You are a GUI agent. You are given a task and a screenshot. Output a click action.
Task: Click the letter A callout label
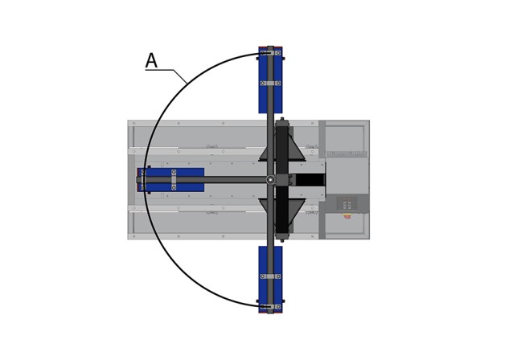[151, 60]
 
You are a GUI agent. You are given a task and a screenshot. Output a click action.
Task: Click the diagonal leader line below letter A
[180, 76]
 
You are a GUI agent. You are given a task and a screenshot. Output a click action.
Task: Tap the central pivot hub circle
[270, 179]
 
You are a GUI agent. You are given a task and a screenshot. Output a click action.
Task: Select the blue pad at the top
[270, 80]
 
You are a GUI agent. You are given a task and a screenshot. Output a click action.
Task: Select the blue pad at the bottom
[270, 280]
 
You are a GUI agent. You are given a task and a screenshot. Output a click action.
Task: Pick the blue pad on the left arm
[170, 180]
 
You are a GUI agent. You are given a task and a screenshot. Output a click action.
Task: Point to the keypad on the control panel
[347, 205]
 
